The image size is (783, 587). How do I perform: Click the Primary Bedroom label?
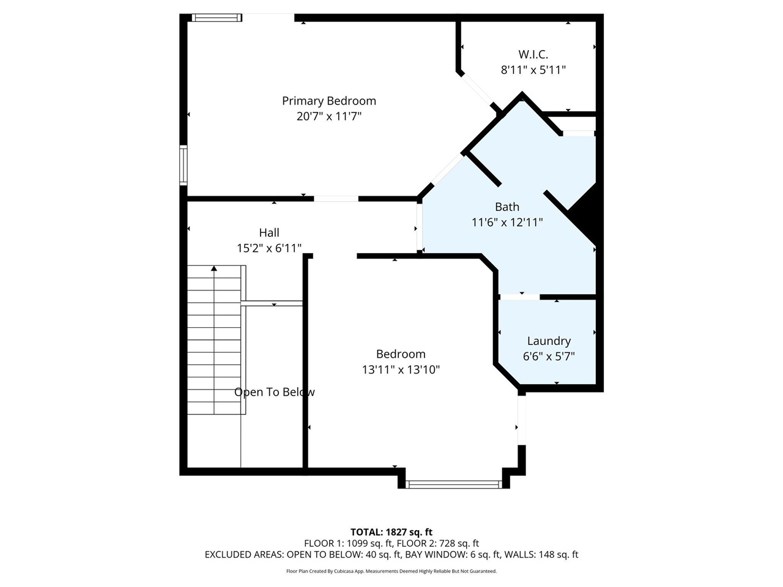328,101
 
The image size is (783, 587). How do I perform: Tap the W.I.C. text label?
533,54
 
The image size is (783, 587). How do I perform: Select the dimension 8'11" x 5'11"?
533,70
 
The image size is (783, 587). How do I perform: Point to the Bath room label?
507,207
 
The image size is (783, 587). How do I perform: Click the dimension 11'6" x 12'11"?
507,222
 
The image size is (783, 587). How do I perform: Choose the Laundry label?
549,341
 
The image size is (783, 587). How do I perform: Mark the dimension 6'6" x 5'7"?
549,356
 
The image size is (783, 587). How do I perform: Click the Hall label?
269,232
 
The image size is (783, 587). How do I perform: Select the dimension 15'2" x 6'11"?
269,248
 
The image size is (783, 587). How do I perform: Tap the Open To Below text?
274,392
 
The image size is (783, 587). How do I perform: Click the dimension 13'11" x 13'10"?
401,369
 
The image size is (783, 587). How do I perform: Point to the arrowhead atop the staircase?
214,268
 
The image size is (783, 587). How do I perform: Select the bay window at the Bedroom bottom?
453,484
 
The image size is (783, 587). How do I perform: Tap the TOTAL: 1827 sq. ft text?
391,532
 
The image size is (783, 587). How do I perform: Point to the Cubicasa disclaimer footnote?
391,571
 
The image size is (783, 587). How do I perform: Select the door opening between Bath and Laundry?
519,297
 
